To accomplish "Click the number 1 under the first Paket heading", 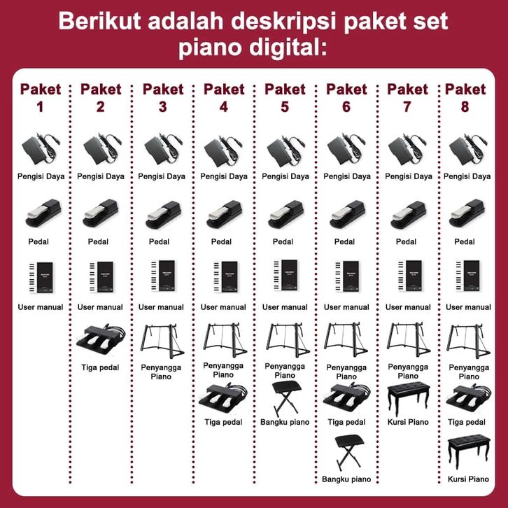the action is tap(40, 107).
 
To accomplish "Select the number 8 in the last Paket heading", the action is tap(465, 107).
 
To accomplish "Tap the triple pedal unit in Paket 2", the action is tap(101, 339).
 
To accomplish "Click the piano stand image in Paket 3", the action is tap(162, 341).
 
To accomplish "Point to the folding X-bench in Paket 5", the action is tap(287, 398).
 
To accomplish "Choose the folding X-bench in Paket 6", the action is tap(349, 452).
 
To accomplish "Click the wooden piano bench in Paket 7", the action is tap(408, 398).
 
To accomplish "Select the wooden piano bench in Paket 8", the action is tap(469, 451).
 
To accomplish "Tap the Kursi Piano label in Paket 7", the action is tap(408, 422).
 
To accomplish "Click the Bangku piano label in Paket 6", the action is tap(346, 479).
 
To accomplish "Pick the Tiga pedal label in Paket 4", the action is tap(223, 422).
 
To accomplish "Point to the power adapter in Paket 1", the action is tap(41, 149).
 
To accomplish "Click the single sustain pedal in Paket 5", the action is tap(285, 215).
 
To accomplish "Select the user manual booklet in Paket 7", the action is tap(410, 276).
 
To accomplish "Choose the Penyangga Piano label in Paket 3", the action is tap(161, 372).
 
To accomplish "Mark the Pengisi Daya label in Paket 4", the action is tap(223, 176).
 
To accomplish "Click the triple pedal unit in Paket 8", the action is tap(469, 398).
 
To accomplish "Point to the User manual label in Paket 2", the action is tap(100, 307).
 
